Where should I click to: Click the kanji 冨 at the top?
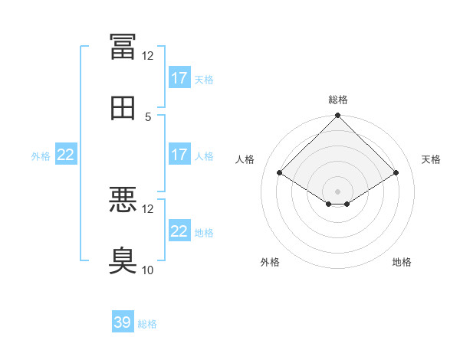tap(123, 47)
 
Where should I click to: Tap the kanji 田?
tap(123, 108)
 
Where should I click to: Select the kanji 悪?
tap(123, 199)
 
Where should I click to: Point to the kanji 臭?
tap(123, 260)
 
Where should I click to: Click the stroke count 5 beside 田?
tap(148, 117)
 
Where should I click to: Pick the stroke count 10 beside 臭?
tap(147, 270)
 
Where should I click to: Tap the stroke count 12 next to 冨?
tap(147, 56)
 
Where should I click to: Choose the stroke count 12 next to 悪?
tap(147, 209)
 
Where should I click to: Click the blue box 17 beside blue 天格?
tap(179, 77)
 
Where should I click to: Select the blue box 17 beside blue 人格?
tap(179, 154)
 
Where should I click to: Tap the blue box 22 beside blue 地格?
tap(179, 230)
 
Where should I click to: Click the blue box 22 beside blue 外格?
tap(66, 154)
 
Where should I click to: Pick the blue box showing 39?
tap(123, 321)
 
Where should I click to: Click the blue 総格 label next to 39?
tap(147, 324)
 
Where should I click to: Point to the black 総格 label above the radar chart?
tap(338, 100)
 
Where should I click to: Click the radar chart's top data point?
tap(337, 115)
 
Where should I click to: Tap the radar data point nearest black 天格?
tap(396, 172)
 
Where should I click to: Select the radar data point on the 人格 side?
tap(280, 172)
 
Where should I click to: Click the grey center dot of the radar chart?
tap(337, 191)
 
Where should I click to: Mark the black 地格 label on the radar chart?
tap(402, 262)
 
